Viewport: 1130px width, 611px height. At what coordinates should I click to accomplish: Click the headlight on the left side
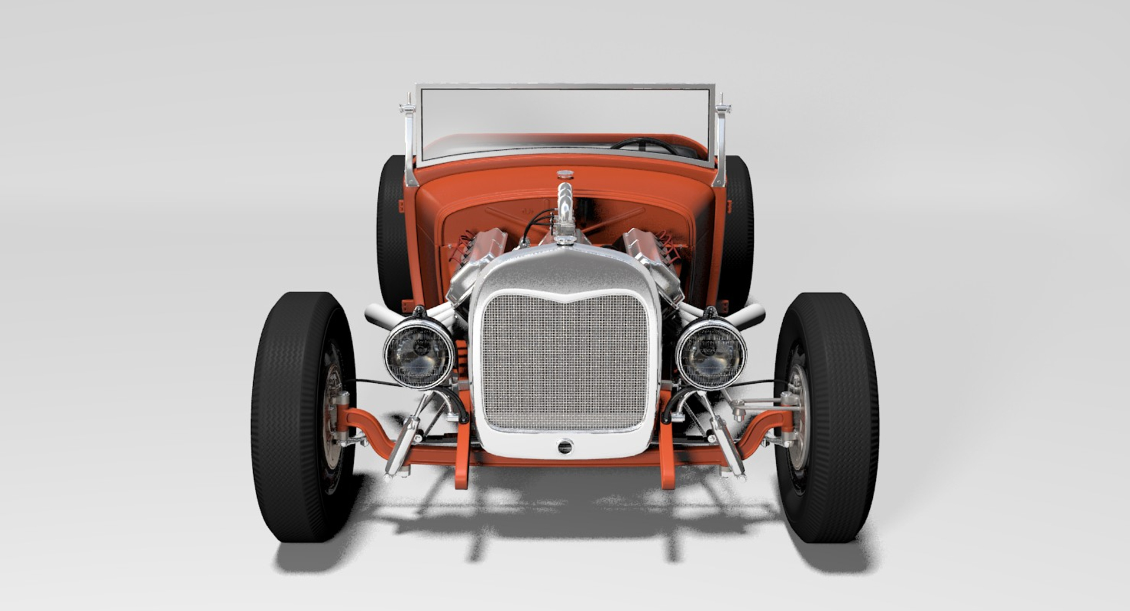[x=419, y=353]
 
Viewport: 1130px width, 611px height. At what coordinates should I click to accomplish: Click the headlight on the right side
[x=710, y=353]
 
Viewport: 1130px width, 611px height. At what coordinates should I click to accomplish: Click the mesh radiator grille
[x=565, y=362]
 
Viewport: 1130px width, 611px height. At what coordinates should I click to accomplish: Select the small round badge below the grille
[x=565, y=446]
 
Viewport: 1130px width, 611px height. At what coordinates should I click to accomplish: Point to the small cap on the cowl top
[x=565, y=174]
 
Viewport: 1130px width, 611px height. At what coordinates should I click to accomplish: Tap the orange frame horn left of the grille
[x=463, y=459]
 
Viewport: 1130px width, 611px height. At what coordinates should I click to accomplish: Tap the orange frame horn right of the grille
[x=666, y=459]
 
